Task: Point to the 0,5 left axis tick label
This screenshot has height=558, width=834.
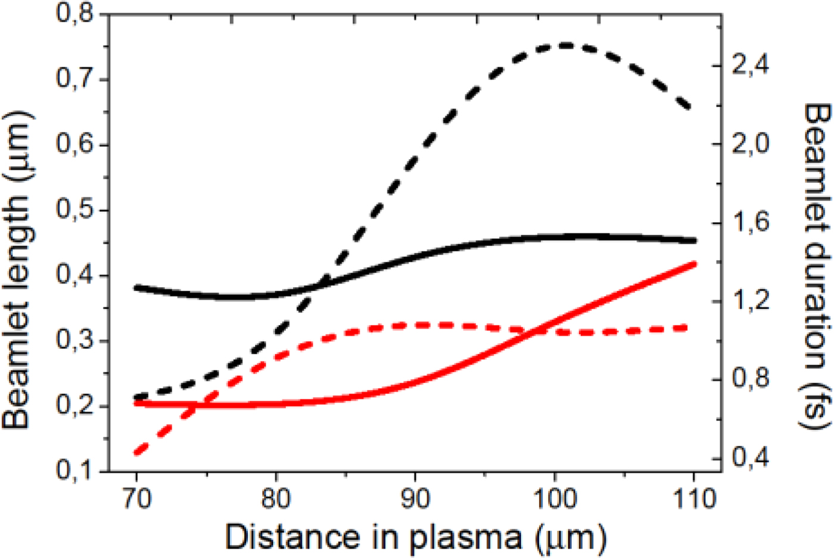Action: point(74,210)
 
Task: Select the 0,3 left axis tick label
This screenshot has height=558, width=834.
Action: point(74,341)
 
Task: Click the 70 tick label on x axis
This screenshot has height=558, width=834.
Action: point(136,498)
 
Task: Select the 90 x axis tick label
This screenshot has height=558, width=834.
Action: point(415,498)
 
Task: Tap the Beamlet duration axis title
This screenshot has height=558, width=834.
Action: point(817,265)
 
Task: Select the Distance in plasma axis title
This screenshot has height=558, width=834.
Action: point(415,537)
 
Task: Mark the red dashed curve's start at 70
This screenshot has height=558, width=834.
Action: point(138,453)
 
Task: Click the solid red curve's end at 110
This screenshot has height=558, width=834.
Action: point(693,263)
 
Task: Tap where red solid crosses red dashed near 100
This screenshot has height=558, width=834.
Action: point(536,331)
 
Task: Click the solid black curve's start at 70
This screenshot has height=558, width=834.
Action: point(137,288)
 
